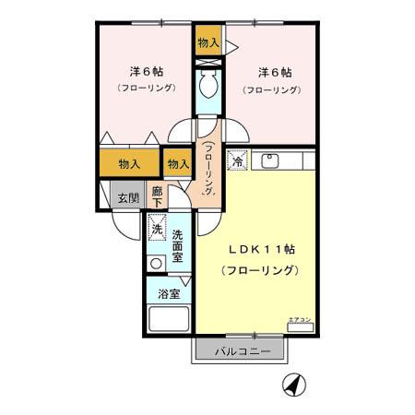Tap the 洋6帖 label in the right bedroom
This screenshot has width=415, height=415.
pos(274,72)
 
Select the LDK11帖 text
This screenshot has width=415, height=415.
pos(260,249)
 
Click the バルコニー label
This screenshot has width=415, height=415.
pos(243,351)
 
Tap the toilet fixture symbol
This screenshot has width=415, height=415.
pos(208,86)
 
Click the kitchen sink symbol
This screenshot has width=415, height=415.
pos(270,161)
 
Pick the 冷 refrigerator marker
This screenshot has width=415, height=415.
pos(237,160)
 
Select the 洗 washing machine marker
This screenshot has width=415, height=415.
pos(156,228)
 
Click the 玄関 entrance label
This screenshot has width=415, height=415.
pos(126,197)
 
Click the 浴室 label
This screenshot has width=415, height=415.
pos(168,295)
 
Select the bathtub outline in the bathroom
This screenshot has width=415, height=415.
pos(169,322)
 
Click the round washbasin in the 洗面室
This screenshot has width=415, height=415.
pos(156,263)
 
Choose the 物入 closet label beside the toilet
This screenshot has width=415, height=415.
pos(208,42)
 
